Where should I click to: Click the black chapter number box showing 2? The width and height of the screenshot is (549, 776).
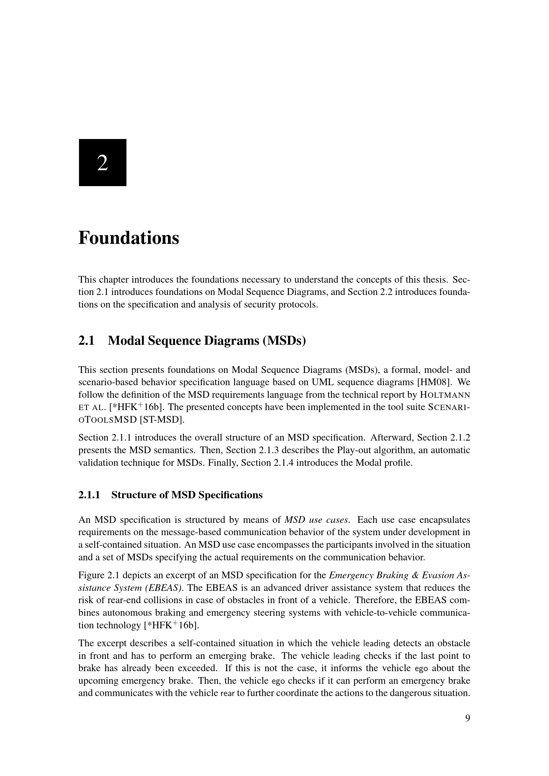[103, 162]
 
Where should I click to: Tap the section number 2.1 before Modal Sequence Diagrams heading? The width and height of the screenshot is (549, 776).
[86, 341]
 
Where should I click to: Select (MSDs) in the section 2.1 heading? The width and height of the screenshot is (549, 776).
[284, 341]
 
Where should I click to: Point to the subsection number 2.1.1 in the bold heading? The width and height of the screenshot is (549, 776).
[89, 495]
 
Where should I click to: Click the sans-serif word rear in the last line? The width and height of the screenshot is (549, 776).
[227, 693]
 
